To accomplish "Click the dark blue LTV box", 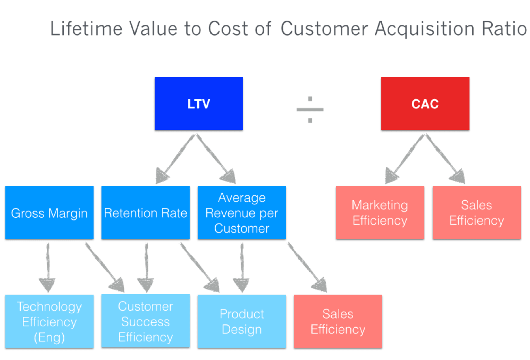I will (199, 103).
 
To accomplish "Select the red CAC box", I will (425, 103).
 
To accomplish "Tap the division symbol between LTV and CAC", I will (310, 110).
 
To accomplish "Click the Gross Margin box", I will (49, 213).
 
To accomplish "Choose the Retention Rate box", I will (145, 213).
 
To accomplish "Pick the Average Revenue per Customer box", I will (242, 213).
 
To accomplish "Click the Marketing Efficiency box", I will (380, 213).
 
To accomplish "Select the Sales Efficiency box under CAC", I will (477, 213).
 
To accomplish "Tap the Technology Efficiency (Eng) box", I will (49, 322).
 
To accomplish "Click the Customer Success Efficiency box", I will (145, 322).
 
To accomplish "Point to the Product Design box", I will (242, 322).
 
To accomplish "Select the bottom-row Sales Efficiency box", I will (338, 322).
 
